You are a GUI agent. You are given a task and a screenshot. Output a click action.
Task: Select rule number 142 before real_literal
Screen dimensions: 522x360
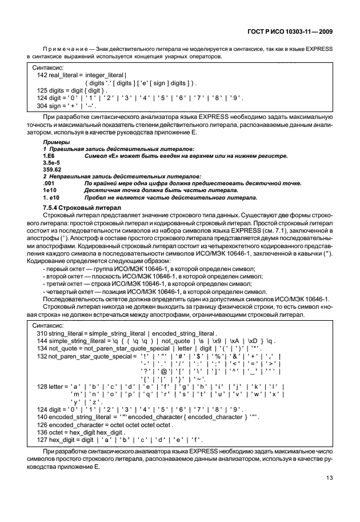pos(42,75)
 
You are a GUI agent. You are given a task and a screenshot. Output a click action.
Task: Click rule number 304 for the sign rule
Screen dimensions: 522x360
pos(42,106)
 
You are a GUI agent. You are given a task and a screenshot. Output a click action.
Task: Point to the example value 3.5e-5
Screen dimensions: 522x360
pos(53,162)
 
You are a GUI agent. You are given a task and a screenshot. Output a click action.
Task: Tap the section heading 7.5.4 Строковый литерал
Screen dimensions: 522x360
pos(79,206)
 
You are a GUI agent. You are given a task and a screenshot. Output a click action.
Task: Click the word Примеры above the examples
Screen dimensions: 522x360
pos(55,141)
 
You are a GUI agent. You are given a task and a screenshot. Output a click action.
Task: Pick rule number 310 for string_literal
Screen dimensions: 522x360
pos(42,333)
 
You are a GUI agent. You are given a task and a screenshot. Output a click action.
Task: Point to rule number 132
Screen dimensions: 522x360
pos(42,356)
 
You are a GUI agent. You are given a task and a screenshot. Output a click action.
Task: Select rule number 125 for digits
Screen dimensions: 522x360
pos(42,90)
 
